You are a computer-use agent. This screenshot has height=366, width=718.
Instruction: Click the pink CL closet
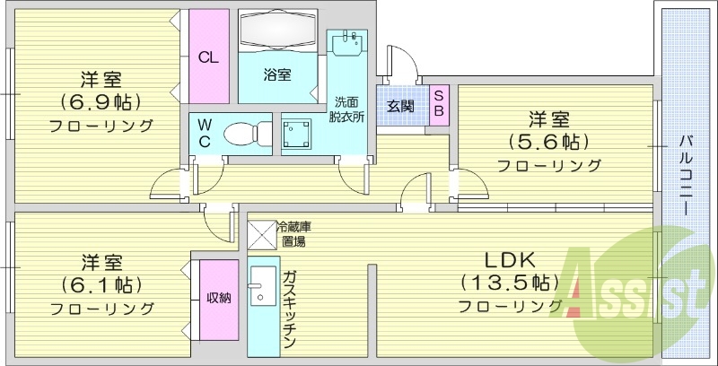208,57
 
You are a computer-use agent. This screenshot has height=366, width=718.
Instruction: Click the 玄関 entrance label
400,106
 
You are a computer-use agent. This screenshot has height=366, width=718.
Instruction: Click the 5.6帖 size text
549,143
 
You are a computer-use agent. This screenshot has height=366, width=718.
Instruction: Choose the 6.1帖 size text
101,286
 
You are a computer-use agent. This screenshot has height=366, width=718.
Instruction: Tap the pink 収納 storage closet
219,299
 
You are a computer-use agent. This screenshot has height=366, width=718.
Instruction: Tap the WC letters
205,134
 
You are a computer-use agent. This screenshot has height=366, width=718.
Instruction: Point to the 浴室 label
276,75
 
